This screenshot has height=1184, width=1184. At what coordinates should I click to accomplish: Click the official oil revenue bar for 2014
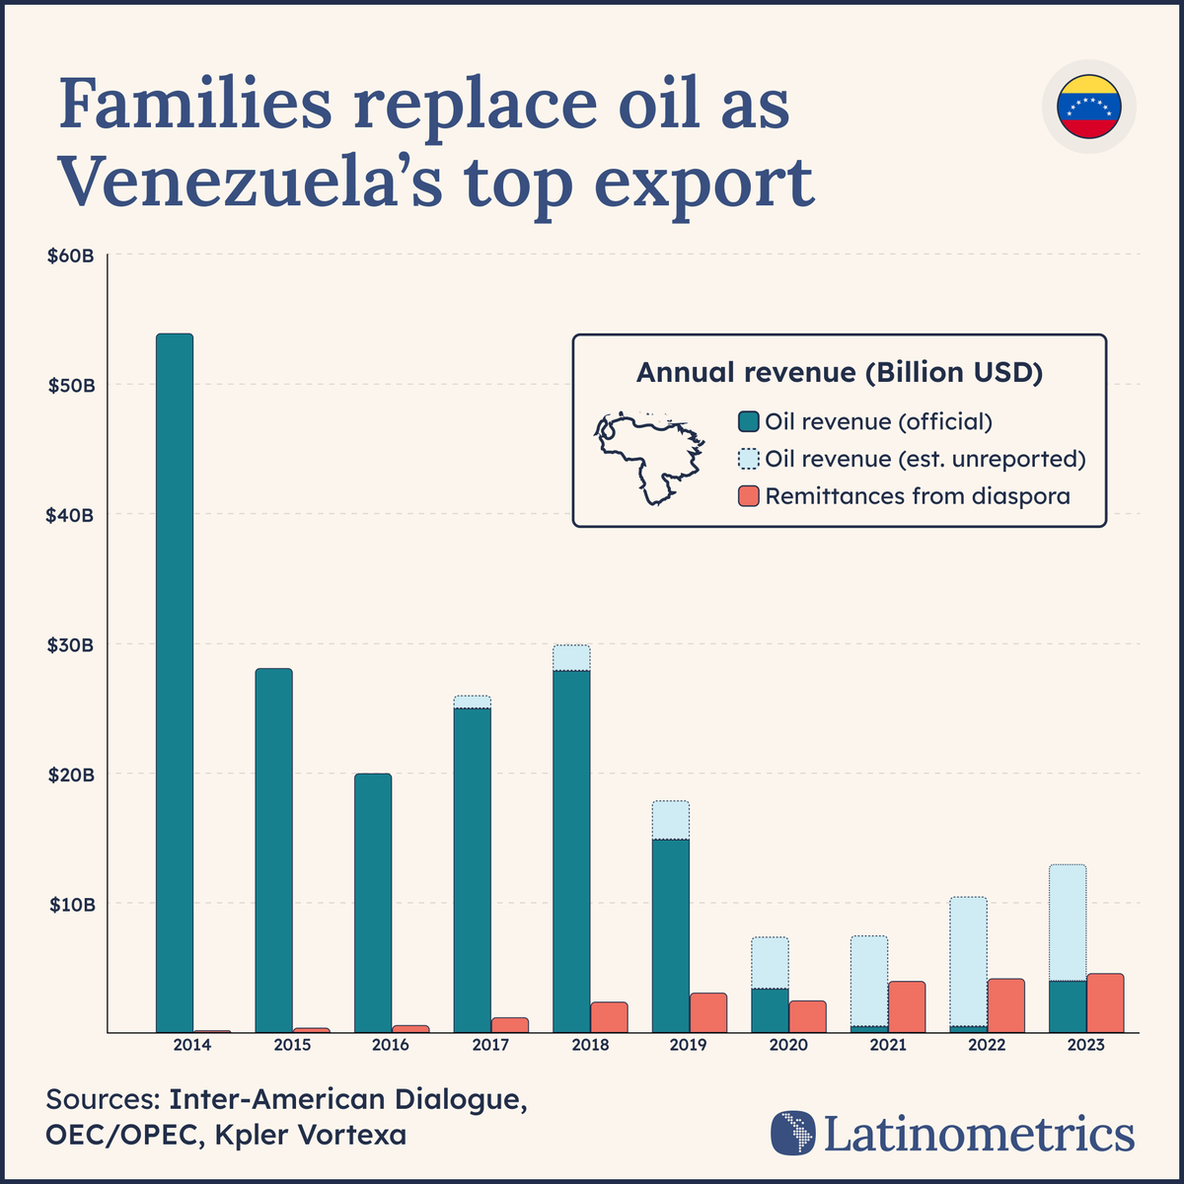175,681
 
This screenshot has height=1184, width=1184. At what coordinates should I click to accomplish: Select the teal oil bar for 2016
373,903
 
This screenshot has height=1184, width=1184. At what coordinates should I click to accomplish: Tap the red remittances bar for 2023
1105,1003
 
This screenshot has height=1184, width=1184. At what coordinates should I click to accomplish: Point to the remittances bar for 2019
708,1013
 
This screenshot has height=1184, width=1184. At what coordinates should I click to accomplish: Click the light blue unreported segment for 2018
571,658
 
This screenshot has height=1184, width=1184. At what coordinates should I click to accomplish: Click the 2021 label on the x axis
888,1045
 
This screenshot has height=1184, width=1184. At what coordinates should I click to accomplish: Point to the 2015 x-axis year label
293,1045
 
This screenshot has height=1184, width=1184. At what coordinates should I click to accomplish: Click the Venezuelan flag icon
1088,107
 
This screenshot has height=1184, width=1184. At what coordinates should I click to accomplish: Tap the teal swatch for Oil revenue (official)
749,422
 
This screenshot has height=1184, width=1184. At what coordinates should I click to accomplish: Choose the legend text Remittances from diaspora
918,496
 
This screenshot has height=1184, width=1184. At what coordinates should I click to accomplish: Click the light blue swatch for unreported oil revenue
749,460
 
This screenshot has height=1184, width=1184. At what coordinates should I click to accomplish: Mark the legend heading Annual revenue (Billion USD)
840,372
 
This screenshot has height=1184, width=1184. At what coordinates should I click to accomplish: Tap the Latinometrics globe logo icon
793,1133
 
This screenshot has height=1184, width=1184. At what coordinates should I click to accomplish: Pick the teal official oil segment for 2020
770,1010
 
